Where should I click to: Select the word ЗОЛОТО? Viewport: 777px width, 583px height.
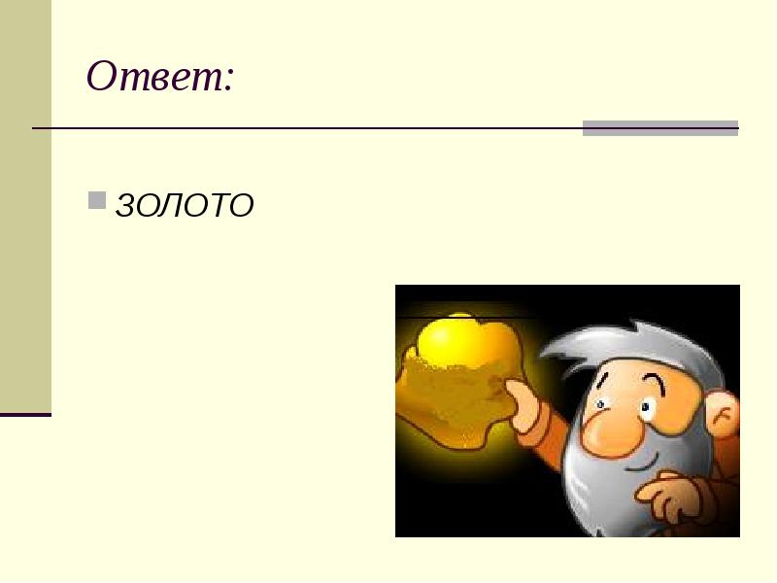[x=185, y=205]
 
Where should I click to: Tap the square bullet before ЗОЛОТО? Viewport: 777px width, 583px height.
[x=97, y=200]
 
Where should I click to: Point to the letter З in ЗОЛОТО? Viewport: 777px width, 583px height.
[x=125, y=205]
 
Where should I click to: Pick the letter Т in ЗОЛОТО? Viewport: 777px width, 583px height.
[x=219, y=205]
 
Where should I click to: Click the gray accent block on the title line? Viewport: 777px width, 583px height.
[x=659, y=128]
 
